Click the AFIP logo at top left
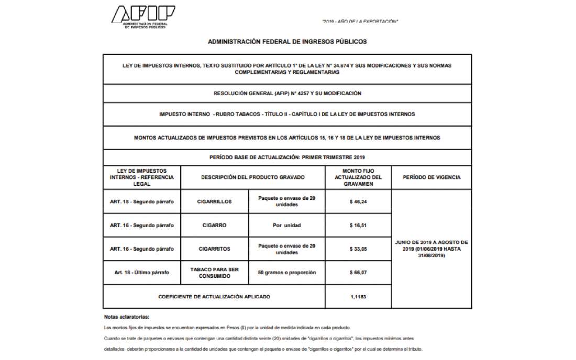(142, 17)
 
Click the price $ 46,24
(358, 201)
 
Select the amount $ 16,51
(358, 226)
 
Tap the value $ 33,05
(358, 249)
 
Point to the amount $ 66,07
(358, 273)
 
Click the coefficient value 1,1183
(358, 297)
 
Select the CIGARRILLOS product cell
(214, 201)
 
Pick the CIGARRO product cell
(214, 226)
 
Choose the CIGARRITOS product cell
(214, 249)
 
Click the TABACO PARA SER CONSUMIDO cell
(214, 273)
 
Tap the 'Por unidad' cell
(286, 226)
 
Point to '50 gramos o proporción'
(286, 273)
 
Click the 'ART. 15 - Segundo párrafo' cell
(141, 201)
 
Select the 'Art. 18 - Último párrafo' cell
(141, 273)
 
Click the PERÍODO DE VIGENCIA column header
(431, 177)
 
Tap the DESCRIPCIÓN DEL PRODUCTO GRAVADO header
(252, 177)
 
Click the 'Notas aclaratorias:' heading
(127, 317)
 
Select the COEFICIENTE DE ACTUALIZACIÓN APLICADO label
(214, 297)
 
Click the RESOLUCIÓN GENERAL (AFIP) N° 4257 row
(287, 93)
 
